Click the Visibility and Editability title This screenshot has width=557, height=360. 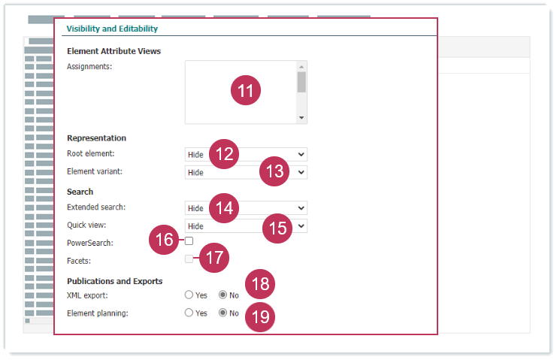coord(112,29)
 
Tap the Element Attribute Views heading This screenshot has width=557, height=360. coord(114,51)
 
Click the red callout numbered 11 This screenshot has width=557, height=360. coord(246,90)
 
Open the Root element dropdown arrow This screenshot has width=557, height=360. coord(301,154)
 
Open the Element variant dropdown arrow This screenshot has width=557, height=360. coord(301,173)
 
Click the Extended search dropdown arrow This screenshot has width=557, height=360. coord(301,208)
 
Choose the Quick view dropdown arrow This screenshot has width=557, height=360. coord(301,226)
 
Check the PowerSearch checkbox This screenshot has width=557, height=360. coord(189,241)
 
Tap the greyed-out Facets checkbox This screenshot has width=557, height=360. coord(189,259)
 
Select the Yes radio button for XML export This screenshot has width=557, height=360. coord(189,295)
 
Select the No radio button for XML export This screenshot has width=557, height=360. coord(222,295)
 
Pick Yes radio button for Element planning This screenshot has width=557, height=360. coord(189,313)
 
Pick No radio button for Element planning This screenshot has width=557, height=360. coord(222,313)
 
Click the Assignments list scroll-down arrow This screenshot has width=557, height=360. coord(301,118)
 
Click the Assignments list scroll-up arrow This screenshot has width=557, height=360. coord(301,67)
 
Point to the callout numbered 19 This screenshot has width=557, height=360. coord(260,317)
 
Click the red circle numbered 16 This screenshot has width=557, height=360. coord(164,240)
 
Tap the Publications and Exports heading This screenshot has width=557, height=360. coord(115,281)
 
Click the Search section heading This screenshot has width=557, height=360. coord(80,192)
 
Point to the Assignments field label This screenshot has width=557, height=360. coord(89,67)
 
